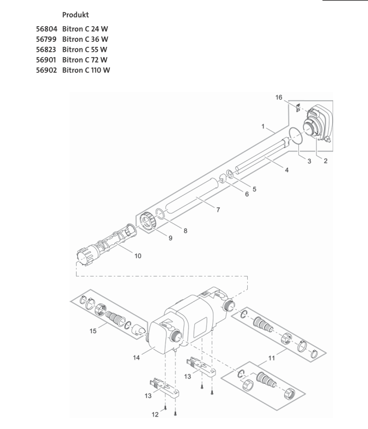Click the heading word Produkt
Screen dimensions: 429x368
[76, 15]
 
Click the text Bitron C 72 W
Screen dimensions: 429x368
[87, 60]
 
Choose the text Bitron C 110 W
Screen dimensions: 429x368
[88, 70]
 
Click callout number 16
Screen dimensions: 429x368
[279, 97]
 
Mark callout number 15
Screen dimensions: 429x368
[94, 331]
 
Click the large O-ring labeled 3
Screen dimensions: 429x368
[296, 136]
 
